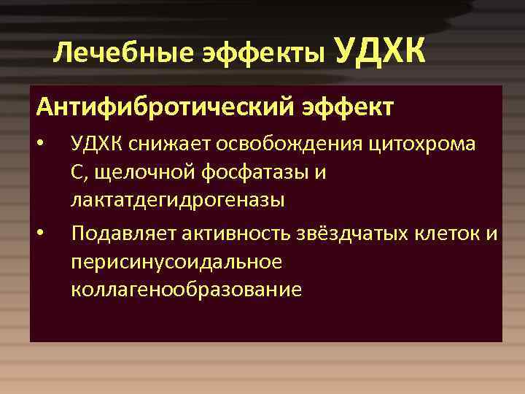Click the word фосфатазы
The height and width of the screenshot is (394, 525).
click(x=257, y=171)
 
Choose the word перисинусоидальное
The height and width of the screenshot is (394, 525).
click(x=176, y=261)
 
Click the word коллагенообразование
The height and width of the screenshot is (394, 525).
click(x=186, y=289)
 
